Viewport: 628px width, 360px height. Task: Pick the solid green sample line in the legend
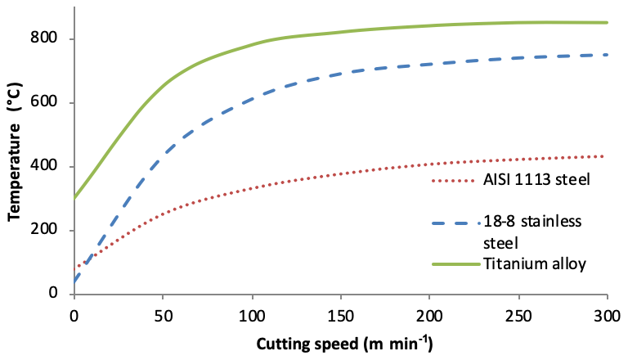[453, 263]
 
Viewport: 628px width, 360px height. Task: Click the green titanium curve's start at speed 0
[74, 197]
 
